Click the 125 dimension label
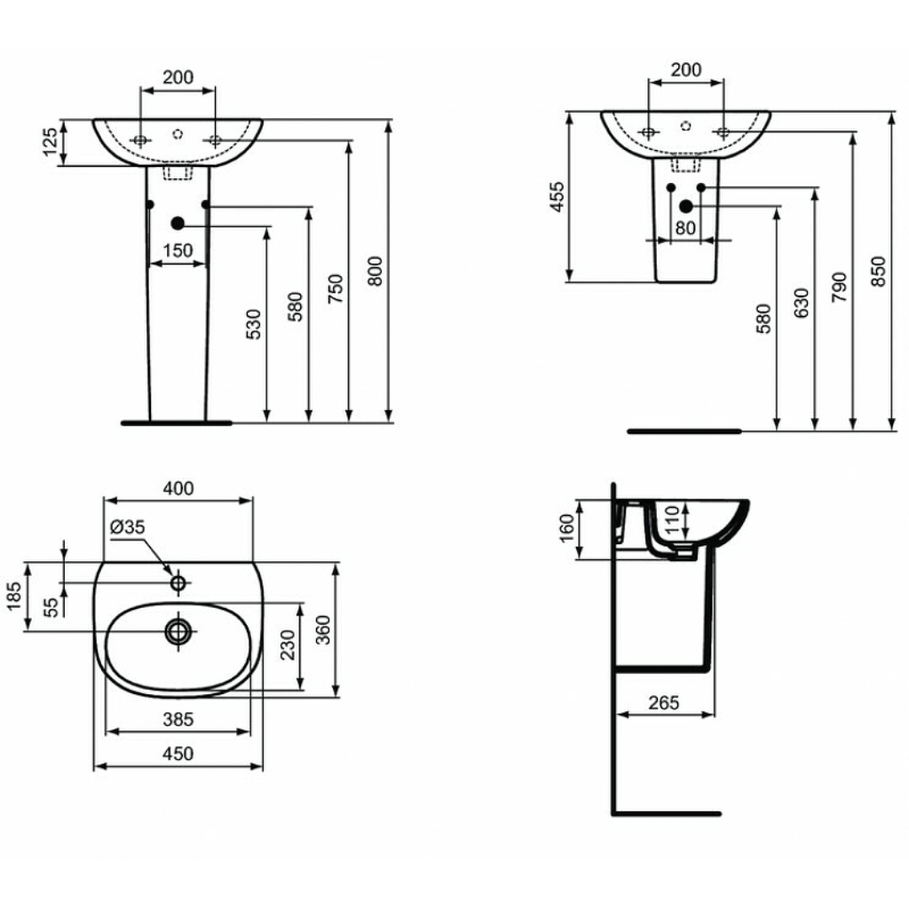pos(51,142)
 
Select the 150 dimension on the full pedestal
pos(178,250)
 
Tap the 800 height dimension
pos(375,271)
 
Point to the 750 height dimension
pos(335,289)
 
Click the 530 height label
pos(254,324)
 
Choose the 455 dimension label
pos(557,196)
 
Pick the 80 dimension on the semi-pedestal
pos(685,228)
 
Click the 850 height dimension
pos(878,271)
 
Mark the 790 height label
pos(839,287)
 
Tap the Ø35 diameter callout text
pos(127,527)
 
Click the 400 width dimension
pos(178,489)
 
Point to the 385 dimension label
pos(178,719)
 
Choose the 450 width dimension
pos(178,754)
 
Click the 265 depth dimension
pos(663,703)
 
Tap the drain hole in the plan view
pos(178,631)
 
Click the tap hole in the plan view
pos(178,582)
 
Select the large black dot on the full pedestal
pos(178,223)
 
